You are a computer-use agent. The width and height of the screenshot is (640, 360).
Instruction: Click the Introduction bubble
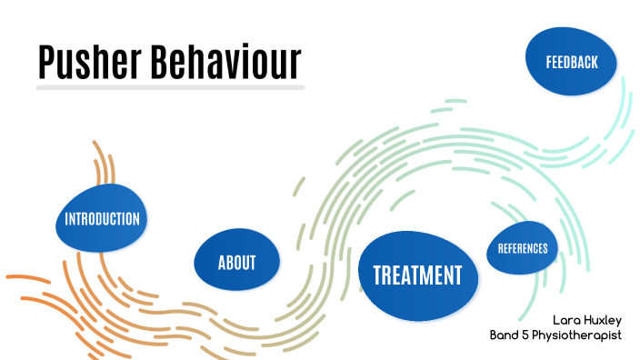coord(102,219)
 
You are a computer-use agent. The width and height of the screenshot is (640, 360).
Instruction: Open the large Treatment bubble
coord(417,275)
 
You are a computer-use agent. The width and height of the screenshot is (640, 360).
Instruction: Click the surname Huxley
coord(605,320)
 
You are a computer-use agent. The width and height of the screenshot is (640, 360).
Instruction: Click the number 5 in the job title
coord(527,335)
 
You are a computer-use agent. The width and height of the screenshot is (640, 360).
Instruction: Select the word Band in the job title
coord(505,335)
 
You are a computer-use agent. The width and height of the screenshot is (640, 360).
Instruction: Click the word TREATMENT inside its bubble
coord(417,275)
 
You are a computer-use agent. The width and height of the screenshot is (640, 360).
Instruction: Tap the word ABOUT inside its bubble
coord(236,264)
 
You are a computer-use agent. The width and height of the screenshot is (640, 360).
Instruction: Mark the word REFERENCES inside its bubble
coord(523,248)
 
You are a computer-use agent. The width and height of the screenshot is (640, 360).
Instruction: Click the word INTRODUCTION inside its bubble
coord(102,219)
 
